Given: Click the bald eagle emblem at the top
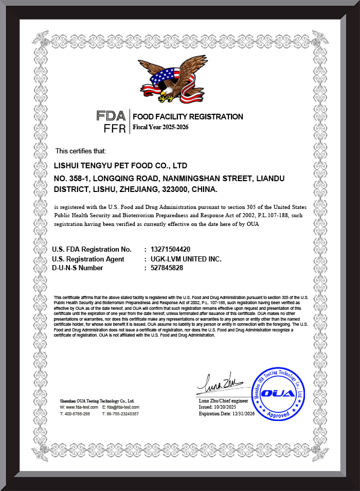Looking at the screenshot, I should pos(168,79).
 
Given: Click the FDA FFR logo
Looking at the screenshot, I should pos(111,122).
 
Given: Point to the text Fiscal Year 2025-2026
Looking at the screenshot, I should pos(160,127).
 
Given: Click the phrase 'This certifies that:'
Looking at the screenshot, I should pos(81,151).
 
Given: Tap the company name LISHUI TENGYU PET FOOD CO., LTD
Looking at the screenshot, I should pos(120,166).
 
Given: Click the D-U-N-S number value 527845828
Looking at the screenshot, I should pos(167,268).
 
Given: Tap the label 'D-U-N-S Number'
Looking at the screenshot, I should pos(78,268).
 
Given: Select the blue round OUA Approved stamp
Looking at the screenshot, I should pos(278,394).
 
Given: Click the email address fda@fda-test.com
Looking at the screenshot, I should pos(122,407).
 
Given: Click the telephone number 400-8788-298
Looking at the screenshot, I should pos(78,414).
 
